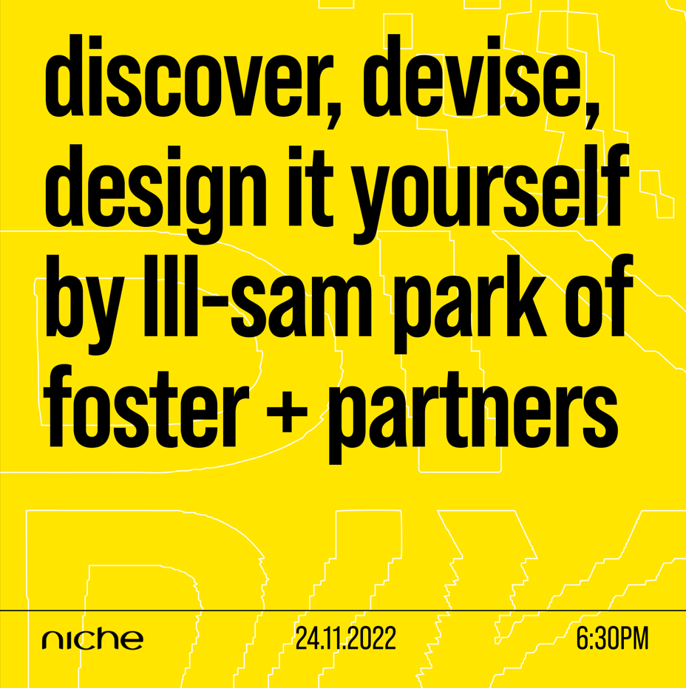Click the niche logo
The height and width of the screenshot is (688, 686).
(92, 639)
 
